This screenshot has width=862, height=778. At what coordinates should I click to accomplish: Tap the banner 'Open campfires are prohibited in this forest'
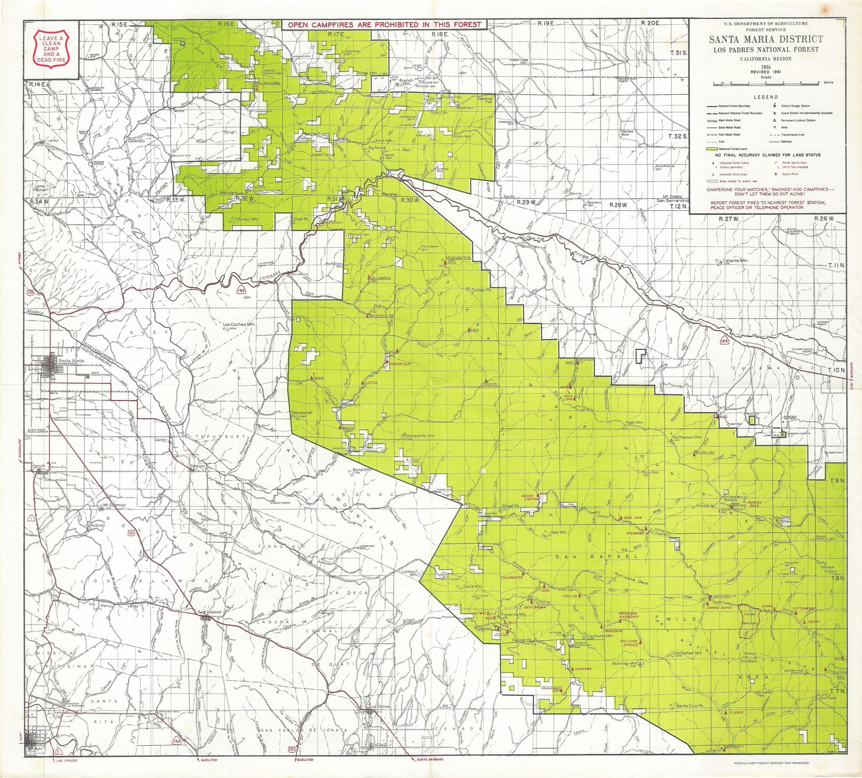[384, 25]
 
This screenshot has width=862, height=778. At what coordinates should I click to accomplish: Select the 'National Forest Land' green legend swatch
[713, 149]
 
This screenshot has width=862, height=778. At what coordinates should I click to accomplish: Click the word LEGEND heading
[765, 97]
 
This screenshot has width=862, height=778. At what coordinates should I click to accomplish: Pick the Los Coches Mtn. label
[238, 325]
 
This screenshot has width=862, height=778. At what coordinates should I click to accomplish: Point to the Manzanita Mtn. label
[421, 436]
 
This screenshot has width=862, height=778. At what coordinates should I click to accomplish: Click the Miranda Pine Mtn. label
[459, 259]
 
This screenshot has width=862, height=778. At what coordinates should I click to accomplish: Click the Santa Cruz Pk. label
[690, 705]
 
